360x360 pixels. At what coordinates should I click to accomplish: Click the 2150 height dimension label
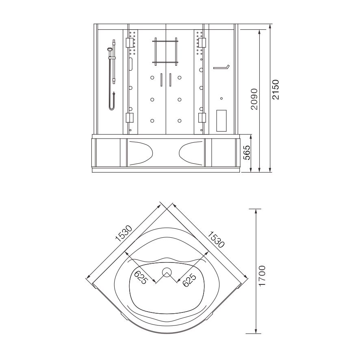275,89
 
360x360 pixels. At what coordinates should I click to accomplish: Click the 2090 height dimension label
254,99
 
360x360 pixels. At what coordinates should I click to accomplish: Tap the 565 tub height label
247,152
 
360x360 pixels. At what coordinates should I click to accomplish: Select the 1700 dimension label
262,275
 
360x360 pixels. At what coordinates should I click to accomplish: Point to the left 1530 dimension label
124,234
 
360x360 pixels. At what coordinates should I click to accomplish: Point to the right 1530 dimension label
216,239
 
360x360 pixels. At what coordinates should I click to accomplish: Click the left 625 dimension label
140,277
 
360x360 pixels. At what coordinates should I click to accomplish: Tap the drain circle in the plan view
167,272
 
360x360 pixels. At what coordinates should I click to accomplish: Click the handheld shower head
110,49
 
